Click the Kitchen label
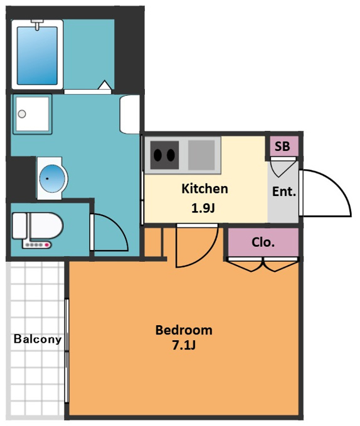(x=204, y=189)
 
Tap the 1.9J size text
(x=203, y=208)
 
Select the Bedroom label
(x=184, y=330)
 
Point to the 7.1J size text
(x=184, y=345)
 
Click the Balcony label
(x=38, y=339)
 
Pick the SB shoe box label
(x=282, y=147)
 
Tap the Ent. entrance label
(x=284, y=192)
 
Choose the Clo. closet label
(x=263, y=242)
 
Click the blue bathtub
(x=37, y=55)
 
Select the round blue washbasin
(x=52, y=179)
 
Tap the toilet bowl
(x=46, y=226)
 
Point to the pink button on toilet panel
(x=47, y=245)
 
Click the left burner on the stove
(x=157, y=155)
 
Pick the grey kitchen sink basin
(x=201, y=155)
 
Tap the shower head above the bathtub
(x=37, y=24)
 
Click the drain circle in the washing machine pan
(x=22, y=114)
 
